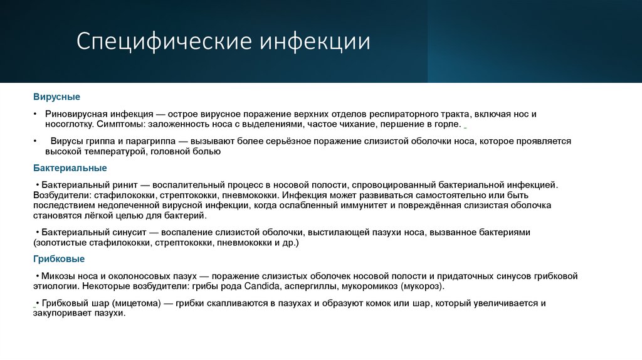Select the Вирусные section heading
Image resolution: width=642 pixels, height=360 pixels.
[x=56, y=98]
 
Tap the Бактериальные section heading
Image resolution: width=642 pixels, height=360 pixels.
[x=70, y=168]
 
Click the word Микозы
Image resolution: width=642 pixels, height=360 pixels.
[x=58, y=276]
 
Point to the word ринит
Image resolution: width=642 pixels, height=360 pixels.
[x=135, y=185]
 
